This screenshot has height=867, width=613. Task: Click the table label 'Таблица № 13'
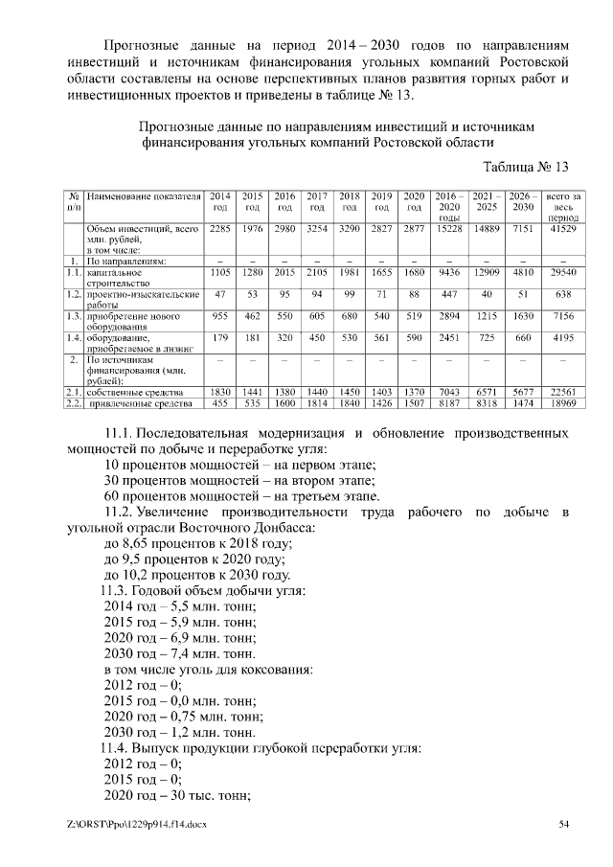[526, 167]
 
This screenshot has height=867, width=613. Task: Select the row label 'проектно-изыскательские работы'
[142, 299]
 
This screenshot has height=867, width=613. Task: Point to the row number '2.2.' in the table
[72, 403]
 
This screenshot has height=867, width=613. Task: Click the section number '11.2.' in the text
[124, 513]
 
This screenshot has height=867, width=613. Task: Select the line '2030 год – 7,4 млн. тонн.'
[181, 650]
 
